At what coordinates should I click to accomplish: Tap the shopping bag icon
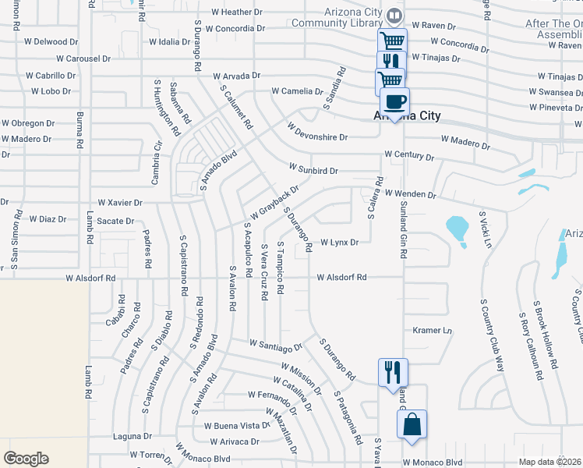point(412,425)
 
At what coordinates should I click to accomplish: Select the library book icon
point(394,16)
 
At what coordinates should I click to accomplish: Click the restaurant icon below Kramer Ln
point(391,370)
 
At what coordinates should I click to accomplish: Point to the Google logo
point(26,459)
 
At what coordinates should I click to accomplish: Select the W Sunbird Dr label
point(313,169)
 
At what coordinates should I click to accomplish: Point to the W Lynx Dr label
point(339,243)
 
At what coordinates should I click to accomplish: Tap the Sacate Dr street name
point(115,221)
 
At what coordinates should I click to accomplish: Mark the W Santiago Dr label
point(275,345)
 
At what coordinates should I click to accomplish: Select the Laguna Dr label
point(131,436)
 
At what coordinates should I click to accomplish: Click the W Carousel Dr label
point(88,58)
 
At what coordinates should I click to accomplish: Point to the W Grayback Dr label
point(274,203)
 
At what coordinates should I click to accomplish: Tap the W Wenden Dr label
point(409,193)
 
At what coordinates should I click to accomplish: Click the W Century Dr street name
point(409,157)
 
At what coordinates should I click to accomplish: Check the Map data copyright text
point(549,462)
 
